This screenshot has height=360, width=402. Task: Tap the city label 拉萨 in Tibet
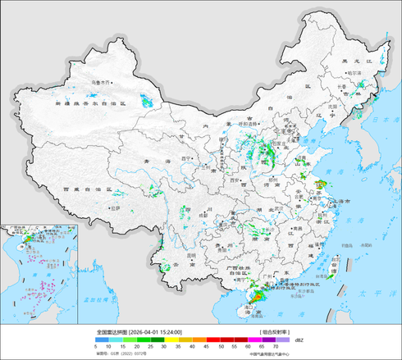point(120,207)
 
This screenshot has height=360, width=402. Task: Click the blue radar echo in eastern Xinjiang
point(147,102)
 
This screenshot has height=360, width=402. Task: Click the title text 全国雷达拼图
point(112,332)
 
